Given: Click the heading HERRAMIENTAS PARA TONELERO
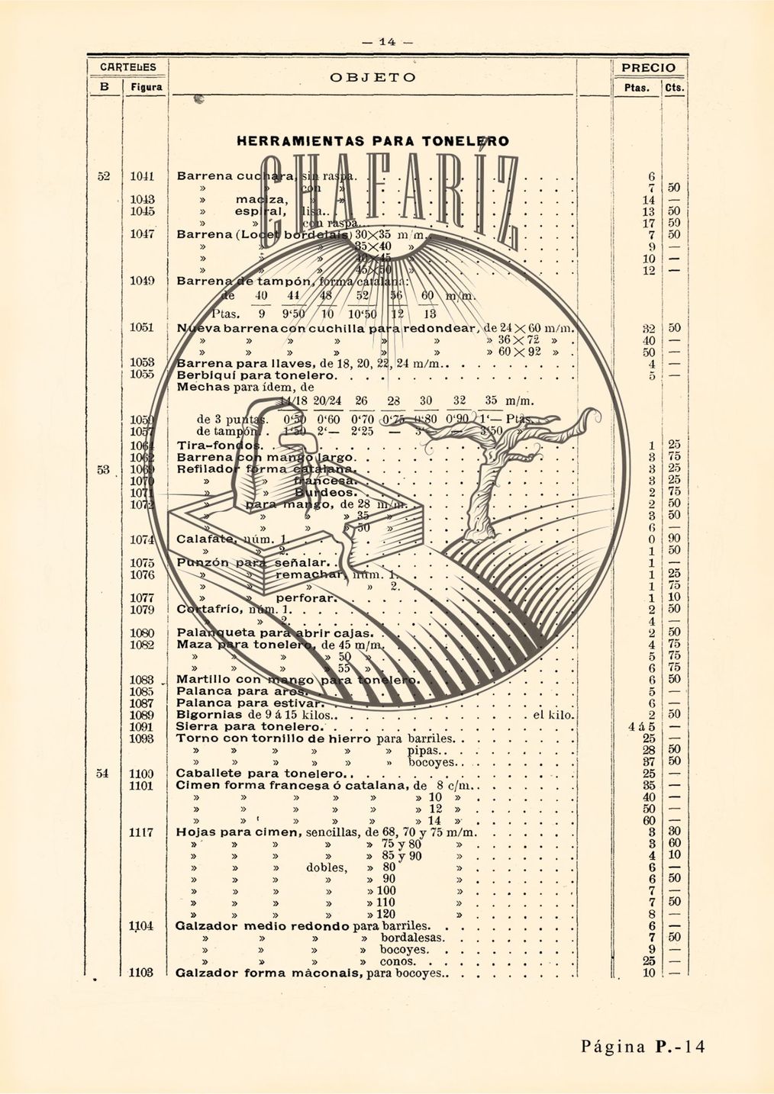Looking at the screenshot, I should pos(372,141).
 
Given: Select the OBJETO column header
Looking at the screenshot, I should pos(373,78).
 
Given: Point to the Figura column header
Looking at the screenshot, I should pos(144,88).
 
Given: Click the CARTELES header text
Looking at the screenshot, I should pos(127,67).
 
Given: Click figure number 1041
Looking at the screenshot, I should pos(143,176).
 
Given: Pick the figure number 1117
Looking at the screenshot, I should pos(143,832).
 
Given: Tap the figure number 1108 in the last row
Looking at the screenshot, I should pos(143,973).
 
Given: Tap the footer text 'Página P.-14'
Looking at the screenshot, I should pos(643,1046).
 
